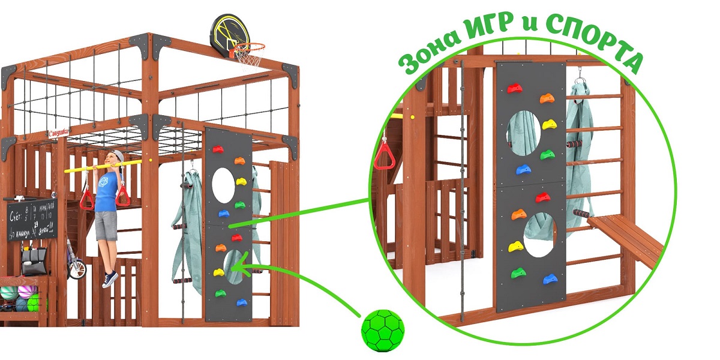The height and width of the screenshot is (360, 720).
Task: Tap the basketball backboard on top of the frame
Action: (x=226, y=33)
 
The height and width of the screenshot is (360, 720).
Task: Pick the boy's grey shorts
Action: (x=106, y=225)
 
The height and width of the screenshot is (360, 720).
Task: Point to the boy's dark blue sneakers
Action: (x=109, y=279)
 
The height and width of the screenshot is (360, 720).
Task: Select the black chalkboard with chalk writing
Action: (x=31, y=220)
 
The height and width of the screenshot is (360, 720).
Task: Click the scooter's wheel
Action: (x=77, y=269)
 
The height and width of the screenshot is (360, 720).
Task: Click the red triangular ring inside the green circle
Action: (x=383, y=157)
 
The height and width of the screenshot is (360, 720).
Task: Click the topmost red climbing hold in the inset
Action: (x=514, y=89)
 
